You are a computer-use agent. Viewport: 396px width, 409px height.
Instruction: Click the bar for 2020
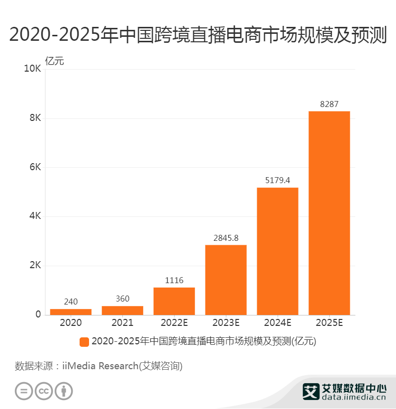click(x=71, y=312)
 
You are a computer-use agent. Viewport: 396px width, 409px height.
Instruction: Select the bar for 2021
click(x=122, y=310)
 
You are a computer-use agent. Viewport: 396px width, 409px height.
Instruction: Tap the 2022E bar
click(x=174, y=301)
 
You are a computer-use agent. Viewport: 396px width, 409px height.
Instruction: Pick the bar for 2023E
click(x=226, y=280)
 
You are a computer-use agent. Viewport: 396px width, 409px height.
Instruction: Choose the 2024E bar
click(x=277, y=251)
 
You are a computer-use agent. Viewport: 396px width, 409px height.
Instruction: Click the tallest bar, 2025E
click(x=329, y=213)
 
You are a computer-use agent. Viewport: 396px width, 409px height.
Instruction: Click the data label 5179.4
click(x=277, y=181)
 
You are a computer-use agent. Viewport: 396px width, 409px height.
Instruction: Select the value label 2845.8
click(x=226, y=238)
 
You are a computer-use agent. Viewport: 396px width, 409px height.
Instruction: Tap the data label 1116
click(x=174, y=281)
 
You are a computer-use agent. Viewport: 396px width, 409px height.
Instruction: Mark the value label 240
click(x=71, y=302)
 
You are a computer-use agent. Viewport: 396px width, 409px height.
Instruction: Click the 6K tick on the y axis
click(x=35, y=167)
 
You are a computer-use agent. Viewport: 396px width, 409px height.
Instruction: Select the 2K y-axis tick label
click(x=35, y=265)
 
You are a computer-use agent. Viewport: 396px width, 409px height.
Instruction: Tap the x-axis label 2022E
click(x=174, y=322)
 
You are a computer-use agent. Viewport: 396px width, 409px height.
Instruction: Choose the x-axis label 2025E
click(x=329, y=322)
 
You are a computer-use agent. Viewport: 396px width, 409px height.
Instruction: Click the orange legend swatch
click(x=84, y=342)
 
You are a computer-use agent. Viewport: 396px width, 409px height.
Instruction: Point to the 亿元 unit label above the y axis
click(x=55, y=61)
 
